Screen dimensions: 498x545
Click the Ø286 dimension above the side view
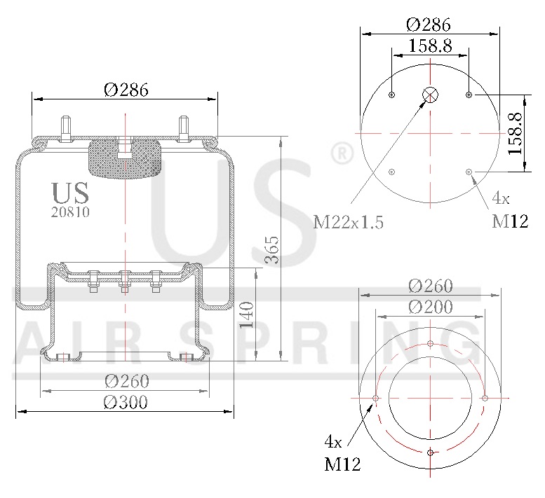[x=126, y=90]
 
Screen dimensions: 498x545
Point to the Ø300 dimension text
[x=126, y=402]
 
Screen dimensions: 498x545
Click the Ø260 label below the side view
[x=126, y=381]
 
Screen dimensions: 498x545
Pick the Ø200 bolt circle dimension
[x=430, y=306]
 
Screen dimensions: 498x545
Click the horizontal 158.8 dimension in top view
[x=430, y=46]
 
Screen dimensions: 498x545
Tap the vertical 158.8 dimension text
[x=516, y=132]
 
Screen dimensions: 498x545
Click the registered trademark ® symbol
[x=341, y=153]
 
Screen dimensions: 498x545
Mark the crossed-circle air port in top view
[x=430, y=95]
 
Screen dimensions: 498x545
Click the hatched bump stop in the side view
[x=123, y=158]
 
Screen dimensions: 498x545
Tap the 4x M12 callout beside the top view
[x=509, y=213]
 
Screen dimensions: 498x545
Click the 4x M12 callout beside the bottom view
[x=342, y=453]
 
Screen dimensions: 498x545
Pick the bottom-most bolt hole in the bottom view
[x=430, y=452]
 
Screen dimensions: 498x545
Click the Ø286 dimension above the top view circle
[x=430, y=24]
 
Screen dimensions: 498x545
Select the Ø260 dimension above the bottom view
[x=430, y=286]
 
